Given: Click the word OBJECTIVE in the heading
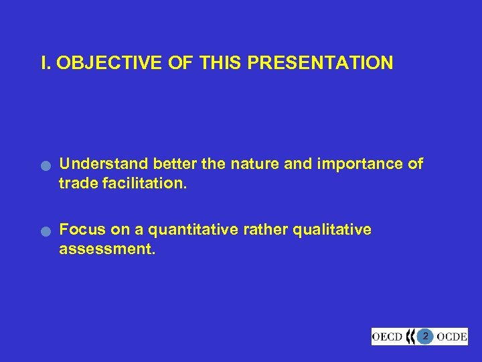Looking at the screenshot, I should (x=99, y=64).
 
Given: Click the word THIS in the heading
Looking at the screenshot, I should (x=218, y=64).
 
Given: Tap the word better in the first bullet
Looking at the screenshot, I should (x=175, y=164).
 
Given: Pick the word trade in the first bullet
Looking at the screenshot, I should (x=78, y=183).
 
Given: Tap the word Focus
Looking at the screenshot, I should (x=80, y=230).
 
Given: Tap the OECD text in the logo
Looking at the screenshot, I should (x=388, y=336).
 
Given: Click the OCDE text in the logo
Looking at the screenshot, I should (x=451, y=336).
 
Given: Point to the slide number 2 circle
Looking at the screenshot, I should (x=425, y=335).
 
